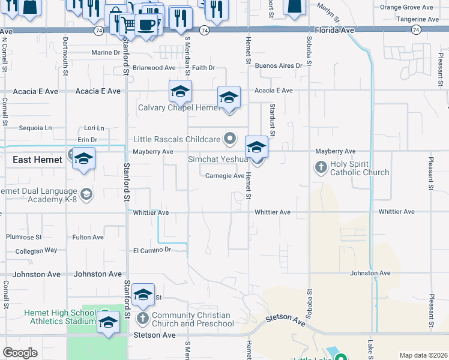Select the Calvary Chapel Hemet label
(179, 108)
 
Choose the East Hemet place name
(37, 160)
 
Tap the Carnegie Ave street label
(224, 176)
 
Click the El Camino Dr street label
(152, 250)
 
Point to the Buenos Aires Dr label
(279, 65)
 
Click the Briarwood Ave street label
(154, 68)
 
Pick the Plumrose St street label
(23, 238)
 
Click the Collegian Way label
(36, 250)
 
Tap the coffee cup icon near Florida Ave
(147, 25)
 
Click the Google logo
(20, 353)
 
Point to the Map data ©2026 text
(423, 355)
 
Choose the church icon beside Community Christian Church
(143, 318)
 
